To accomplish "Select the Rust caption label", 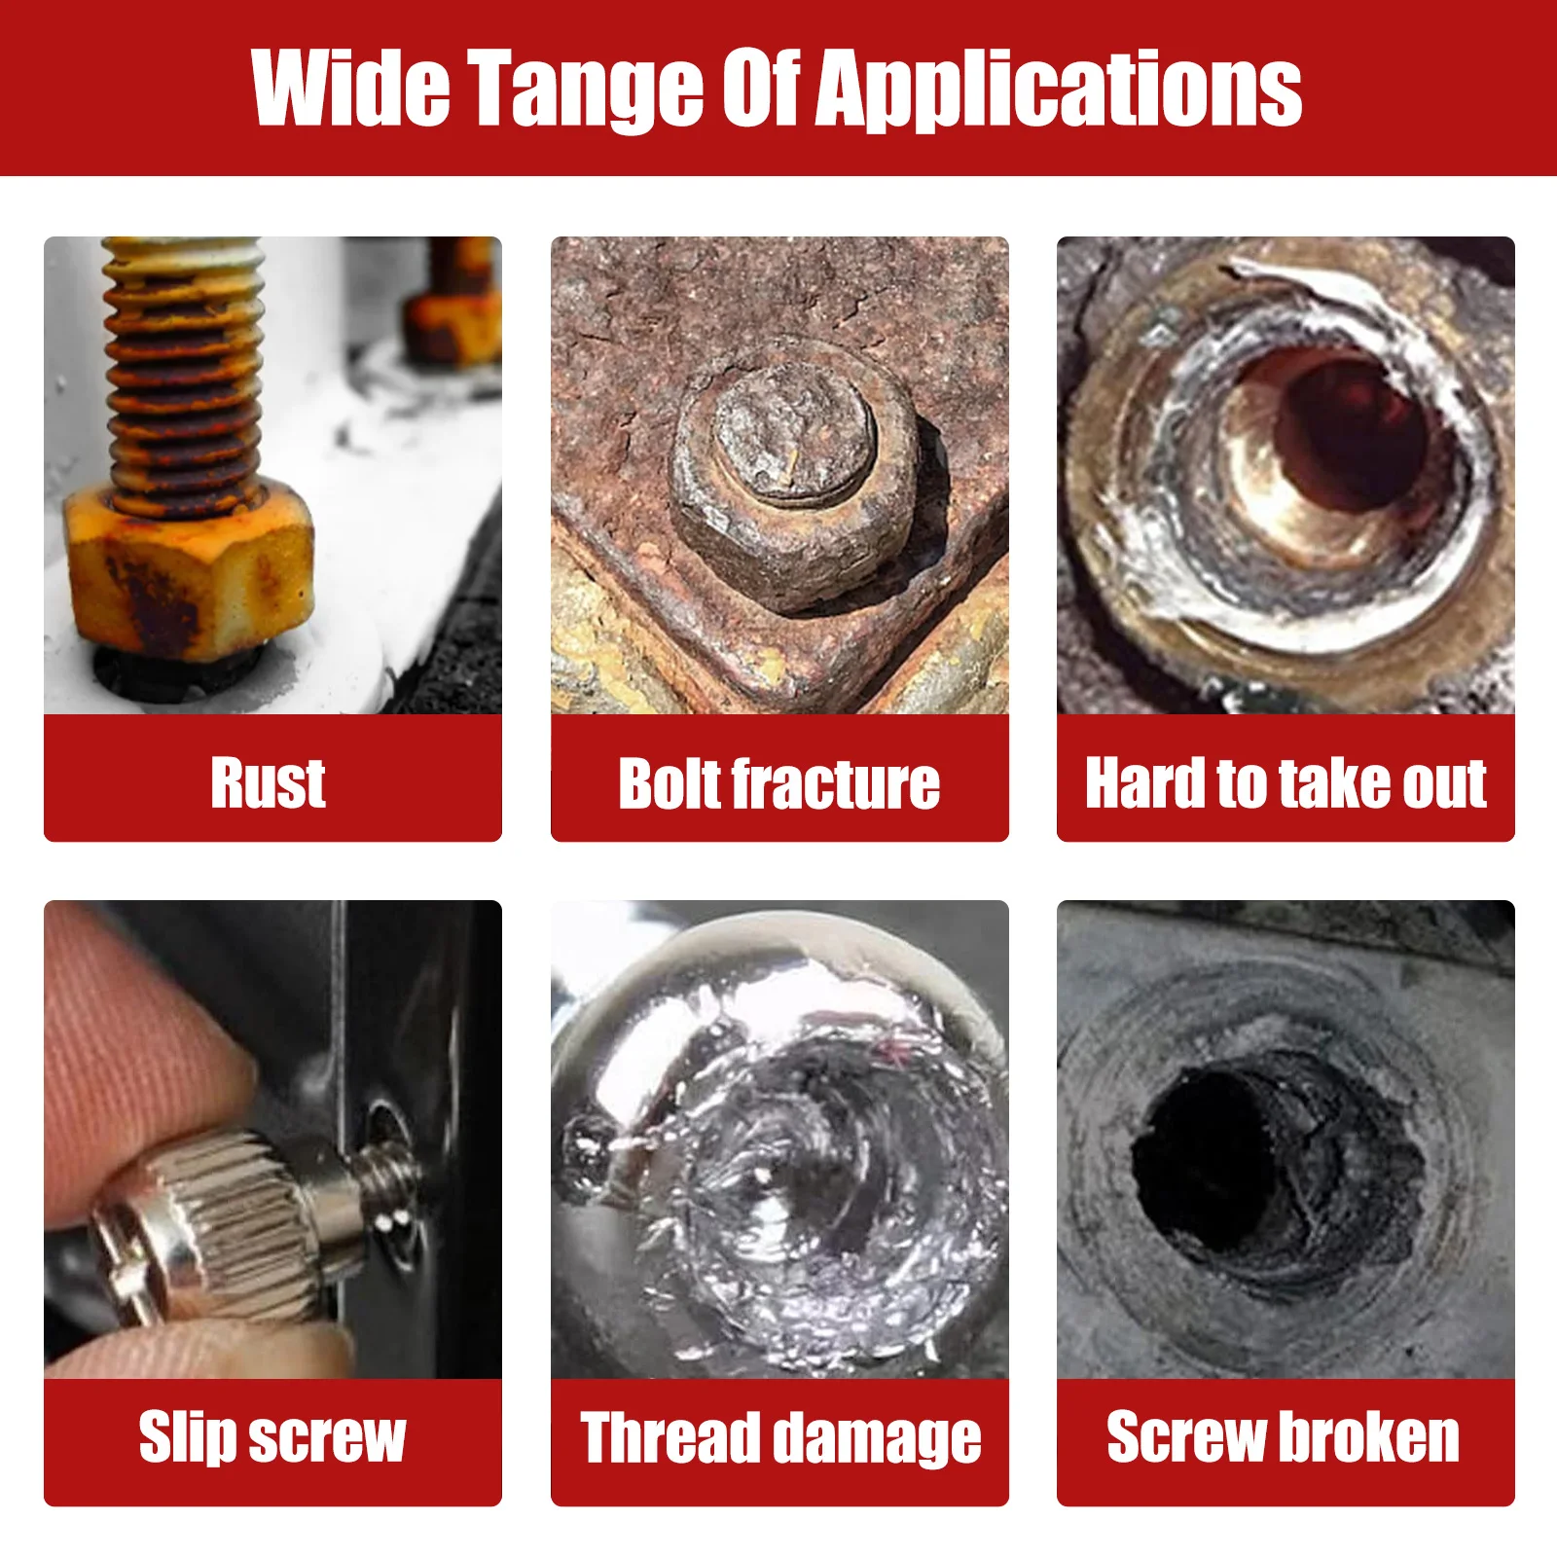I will pos(269,782).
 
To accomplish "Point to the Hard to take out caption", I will pos(1285,782).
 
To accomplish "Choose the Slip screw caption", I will pos(272,1437).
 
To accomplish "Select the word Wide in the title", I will pos(350,90).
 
